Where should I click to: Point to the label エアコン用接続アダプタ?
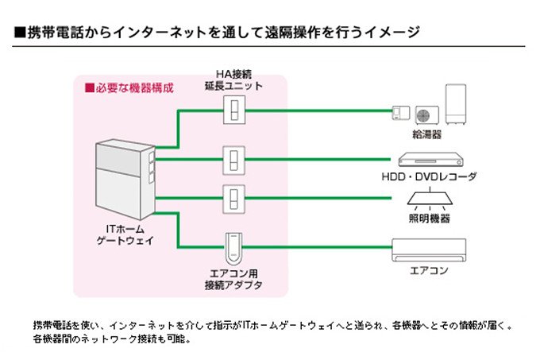(x=236, y=279)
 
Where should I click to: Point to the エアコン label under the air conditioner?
(x=429, y=270)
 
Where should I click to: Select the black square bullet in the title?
(x=20, y=33)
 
